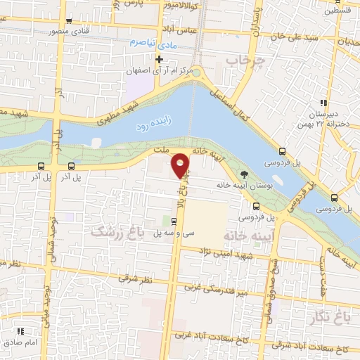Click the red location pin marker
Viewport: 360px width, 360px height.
[181, 165]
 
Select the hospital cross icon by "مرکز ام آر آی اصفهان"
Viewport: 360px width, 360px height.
[160, 60]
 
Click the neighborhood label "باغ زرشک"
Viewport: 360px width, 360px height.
[117, 231]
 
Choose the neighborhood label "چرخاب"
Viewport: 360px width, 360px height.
[243, 61]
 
